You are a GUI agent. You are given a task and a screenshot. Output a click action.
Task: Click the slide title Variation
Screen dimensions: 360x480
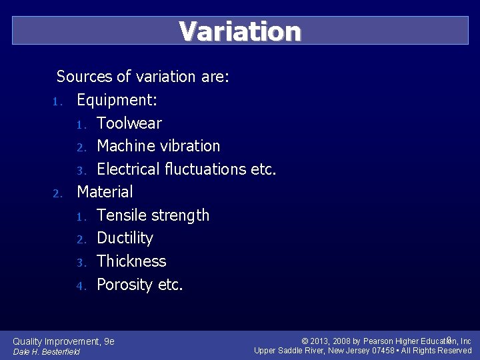pyautogui.click(x=240, y=31)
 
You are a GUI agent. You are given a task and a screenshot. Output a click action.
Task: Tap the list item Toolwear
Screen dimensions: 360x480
pyautogui.click(x=129, y=123)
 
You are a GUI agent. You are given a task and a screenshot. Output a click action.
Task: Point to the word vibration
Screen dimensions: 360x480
pyautogui.click(x=190, y=146)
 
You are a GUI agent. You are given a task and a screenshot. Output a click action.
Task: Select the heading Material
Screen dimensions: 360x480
pyautogui.click(x=105, y=192)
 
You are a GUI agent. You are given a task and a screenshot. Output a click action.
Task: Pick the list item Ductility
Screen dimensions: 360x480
pyautogui.click(x=125, y=238)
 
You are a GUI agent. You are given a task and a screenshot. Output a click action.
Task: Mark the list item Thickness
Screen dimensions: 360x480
pyautogui.click(x=131, y=261)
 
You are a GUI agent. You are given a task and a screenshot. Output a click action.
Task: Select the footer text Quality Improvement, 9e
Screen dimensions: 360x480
pyautogui.click(x=64, y=341)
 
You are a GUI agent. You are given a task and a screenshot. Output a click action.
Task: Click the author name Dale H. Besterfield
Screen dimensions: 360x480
pyautogui.click(x=47, y=351)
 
